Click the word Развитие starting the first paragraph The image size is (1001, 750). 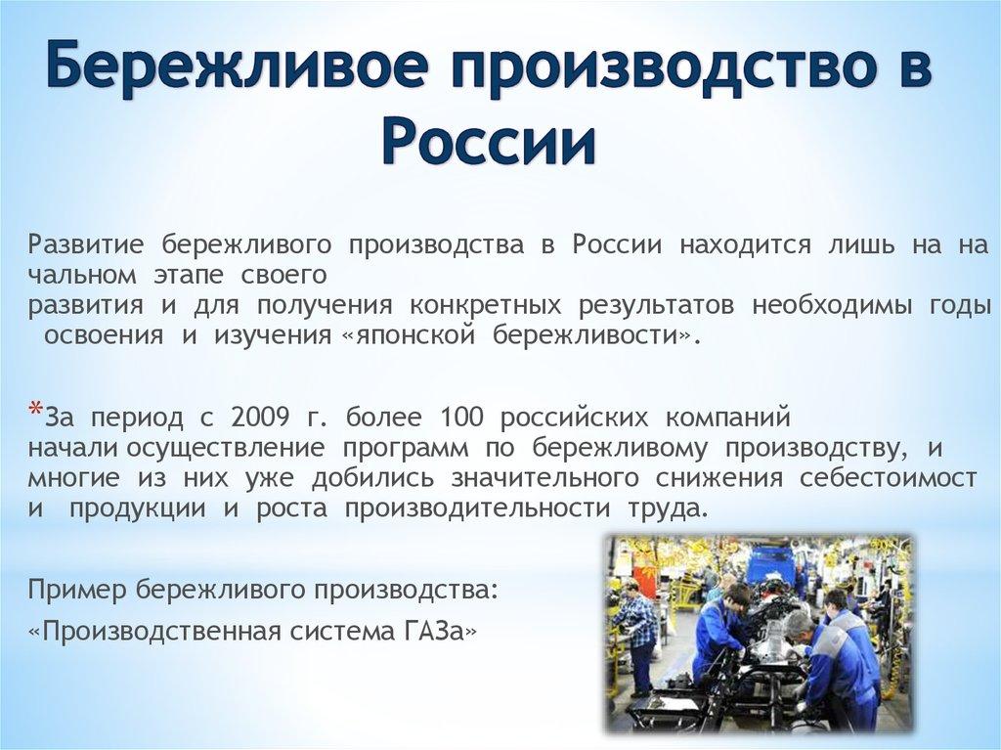tap(87, 243)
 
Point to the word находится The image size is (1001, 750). tap(746, 243)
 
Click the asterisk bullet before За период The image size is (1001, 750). tap(35, 411)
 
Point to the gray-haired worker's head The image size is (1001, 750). tap(797, 621)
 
